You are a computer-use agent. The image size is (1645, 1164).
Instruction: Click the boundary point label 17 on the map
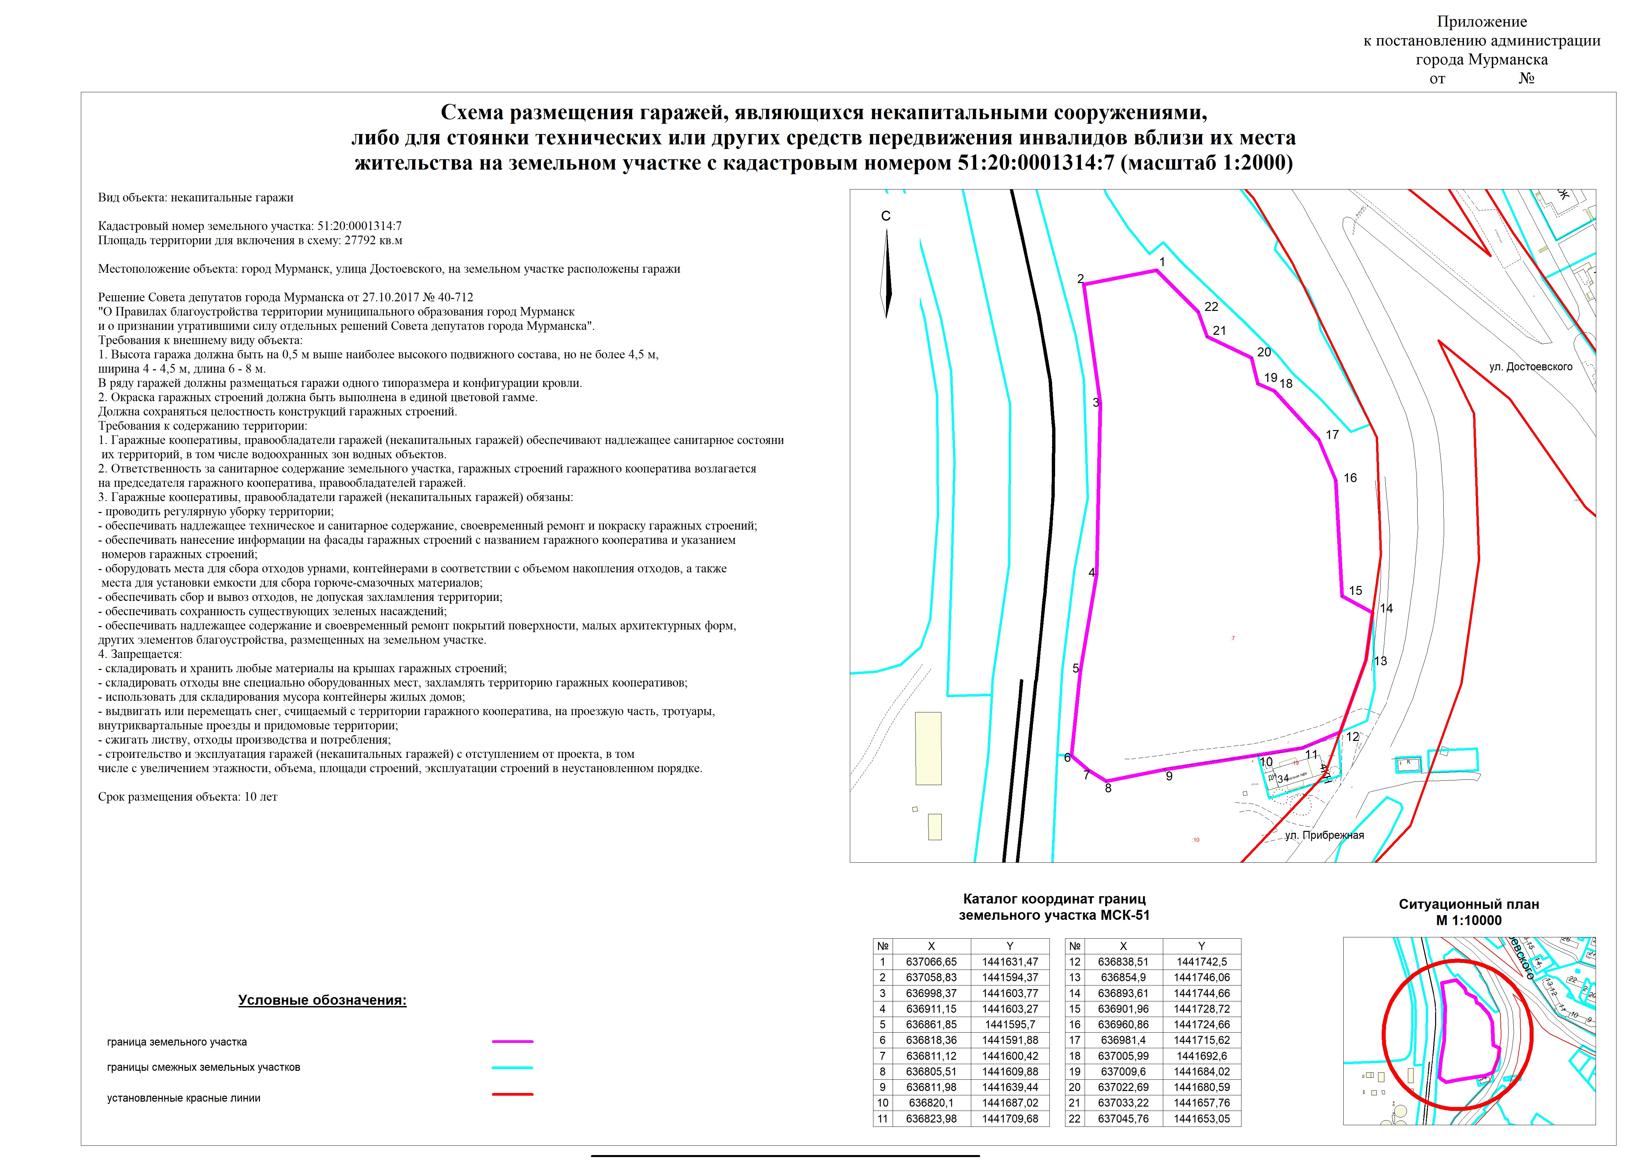coord(1332,434)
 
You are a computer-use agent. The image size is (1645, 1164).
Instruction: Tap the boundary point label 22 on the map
coord(1211,307)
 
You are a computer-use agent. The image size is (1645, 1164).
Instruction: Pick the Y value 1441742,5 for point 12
coord(1202,962)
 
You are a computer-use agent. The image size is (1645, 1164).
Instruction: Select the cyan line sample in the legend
coord(512,1067)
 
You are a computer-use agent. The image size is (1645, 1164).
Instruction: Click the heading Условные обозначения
coord(322,1000)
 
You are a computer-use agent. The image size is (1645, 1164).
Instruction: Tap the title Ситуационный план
coord(1469,905)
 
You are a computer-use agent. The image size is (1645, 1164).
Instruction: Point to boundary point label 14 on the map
coord(1386,609)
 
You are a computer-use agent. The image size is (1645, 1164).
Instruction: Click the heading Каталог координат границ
coord(1054,899)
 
